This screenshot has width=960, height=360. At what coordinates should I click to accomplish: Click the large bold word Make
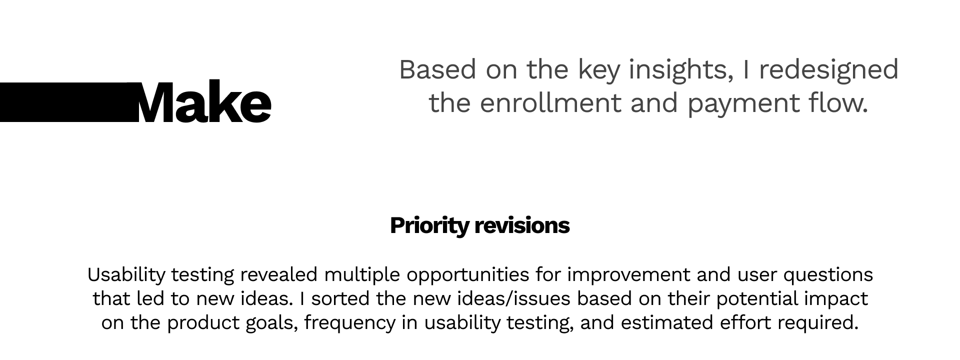tap(202, 102)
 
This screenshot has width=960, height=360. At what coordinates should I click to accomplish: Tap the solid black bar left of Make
tap(69, 102)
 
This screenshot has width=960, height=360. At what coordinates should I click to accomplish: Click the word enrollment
tap(551, 103)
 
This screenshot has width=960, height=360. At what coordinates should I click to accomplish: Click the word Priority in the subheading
tap(428, 226)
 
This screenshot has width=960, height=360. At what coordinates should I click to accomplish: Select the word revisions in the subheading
tap(522, 225)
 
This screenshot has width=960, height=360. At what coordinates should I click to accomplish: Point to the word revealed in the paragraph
tap(278, 275)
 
